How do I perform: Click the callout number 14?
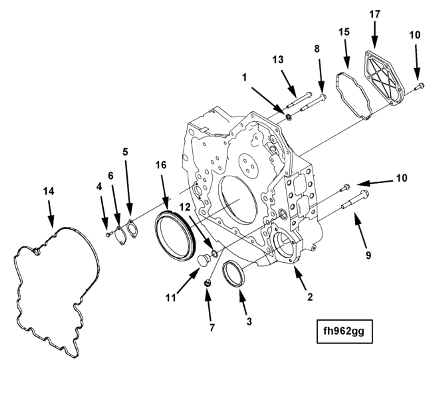pyautogui.click(x=49, y=191)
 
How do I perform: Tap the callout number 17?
pyautogui.click(x=375, y=14)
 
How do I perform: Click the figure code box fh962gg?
pyautogui.click(x=345, y=331)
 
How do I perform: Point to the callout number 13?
pyautogui.click(x=278, y=59)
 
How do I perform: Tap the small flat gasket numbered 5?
pyautogui.click(x=133, y=229)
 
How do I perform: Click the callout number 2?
pyautogui.click(x=310, y=297)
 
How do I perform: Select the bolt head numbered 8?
pyautogui.click(x=323, y=97)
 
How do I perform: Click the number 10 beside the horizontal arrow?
pyautogui.click(x=401, y=178)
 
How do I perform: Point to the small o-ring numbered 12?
pyautogui.click(x=214, y=254)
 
